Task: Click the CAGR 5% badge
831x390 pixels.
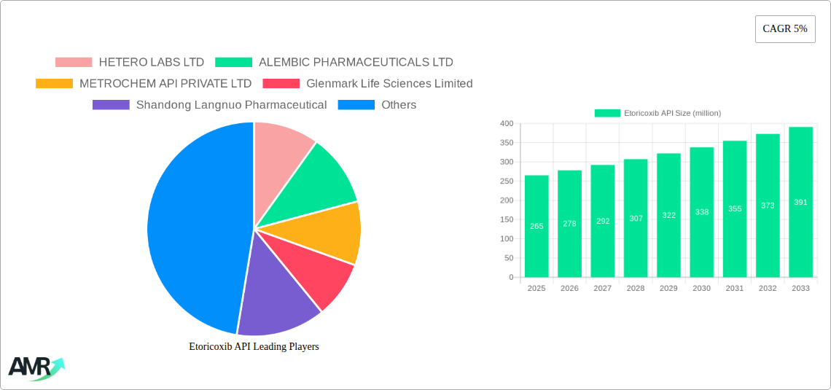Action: click(784, 28)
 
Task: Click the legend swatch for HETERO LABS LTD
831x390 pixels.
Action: click(74, 63)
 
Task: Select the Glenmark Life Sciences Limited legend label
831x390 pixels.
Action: click(389, 84)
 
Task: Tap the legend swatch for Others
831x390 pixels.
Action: click(356, 105)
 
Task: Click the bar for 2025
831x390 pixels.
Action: click(537, 226)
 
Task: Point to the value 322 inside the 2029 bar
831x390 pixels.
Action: click(668, 216)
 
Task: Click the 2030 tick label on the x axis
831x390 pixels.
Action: click(701, 289)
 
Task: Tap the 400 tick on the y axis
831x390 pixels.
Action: click(506, 124)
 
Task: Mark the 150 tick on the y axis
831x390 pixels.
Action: click(506, 219)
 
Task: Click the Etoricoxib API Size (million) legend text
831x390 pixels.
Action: click(672, 113)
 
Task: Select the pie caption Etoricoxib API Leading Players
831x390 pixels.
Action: click(254, 347)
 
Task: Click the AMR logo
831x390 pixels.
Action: click(35, 368)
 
